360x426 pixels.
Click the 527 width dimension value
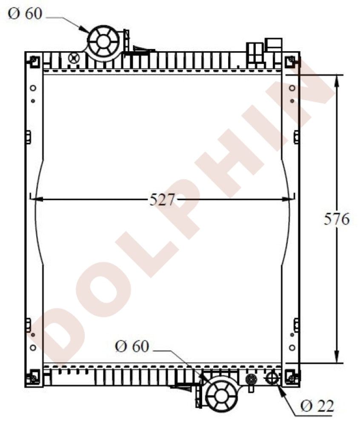[162, 199]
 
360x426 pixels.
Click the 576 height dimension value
[337, 219]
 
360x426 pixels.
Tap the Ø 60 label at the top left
[25, 14]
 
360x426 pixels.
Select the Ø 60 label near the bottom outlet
[132, 346]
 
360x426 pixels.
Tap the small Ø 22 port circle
[271, 377]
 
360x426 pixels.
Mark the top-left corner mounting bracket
[33, 61]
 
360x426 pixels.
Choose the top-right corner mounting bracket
[291, 61]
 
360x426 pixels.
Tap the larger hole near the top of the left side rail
[33, 89]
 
